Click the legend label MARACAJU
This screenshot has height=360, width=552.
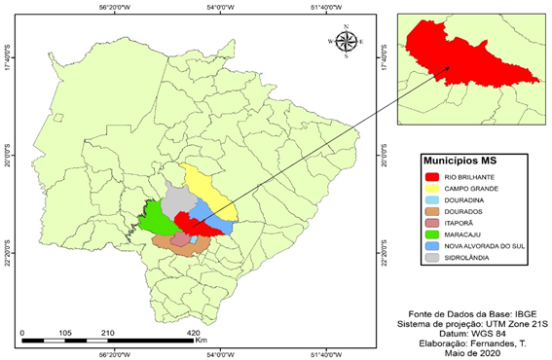[466, 234]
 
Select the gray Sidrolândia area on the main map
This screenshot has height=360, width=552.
[178, 201]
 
